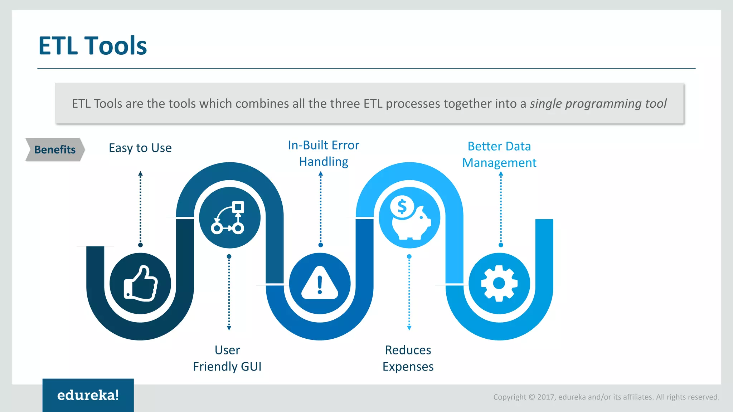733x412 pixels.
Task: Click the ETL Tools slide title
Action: tap(92, 46)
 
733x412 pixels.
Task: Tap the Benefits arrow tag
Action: tap(55, 149)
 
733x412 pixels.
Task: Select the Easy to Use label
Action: tap(140, 148)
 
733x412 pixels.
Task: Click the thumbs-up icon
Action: tap(140, 284)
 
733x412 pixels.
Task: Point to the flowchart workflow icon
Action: tap(229, 217)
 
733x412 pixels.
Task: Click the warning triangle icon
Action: tap(320, 284)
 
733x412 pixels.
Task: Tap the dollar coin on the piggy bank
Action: tap(402, 206)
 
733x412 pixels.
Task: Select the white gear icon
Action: tap(499, 284)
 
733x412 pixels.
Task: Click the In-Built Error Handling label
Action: tap(324, 153)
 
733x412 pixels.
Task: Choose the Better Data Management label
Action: tap(499, 154)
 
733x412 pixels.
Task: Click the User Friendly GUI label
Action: tap(227, 358)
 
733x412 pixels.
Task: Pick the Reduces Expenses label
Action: tap(408, 358)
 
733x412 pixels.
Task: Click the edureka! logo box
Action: tap(88, 395)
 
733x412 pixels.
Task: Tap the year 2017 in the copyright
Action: tap(546, 397)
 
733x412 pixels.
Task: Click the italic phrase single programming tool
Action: tap(598, 104)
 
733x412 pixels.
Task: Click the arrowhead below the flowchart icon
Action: tap(229, 328)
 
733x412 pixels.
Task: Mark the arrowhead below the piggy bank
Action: tap(409, 328)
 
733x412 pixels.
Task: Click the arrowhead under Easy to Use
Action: tap(140, 173)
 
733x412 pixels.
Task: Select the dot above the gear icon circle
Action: tap(501, 245)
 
